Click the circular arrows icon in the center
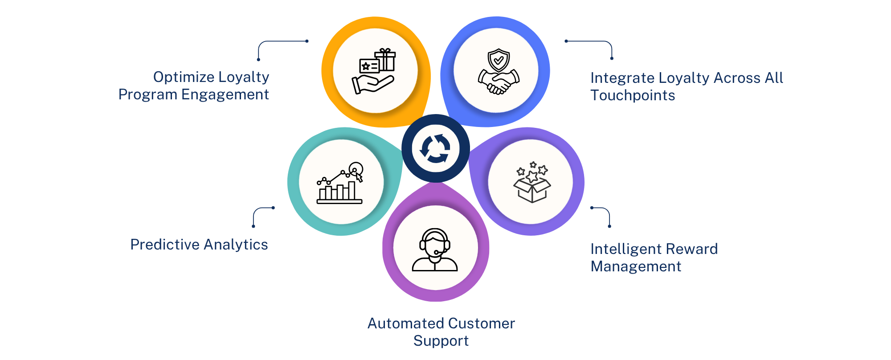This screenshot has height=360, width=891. click(x=435, y=148)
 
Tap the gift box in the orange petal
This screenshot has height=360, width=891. click(x=385, y=60)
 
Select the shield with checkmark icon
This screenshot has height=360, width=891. click(x=499, y=60)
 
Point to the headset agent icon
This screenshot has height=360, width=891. click(x=435, y=250)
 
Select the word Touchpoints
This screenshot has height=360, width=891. click(x=633, y=95)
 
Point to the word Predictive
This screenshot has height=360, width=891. click(x=165, y=245)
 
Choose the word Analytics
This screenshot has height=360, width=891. click(x=236, y=245)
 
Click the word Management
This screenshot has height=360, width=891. click(x=636, y=266)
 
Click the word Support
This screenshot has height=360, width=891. click(x=441, y=341)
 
